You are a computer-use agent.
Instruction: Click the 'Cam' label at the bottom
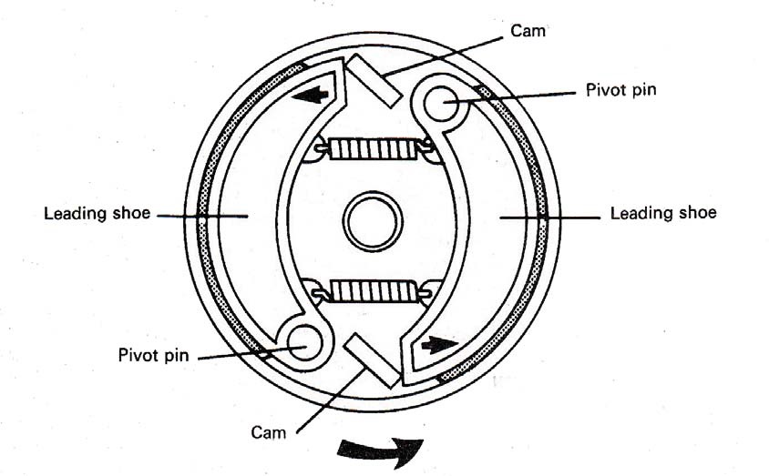[269, 431]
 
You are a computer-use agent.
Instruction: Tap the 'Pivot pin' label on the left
[153, 355]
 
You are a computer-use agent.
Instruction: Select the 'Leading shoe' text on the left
[97, 215]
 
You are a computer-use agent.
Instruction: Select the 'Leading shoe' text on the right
[663, 213]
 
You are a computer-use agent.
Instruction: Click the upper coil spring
[372, 148]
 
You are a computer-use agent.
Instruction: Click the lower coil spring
[372, 291]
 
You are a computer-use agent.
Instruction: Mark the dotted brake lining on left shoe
[204, 218]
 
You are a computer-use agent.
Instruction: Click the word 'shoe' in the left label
[132, 215]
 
